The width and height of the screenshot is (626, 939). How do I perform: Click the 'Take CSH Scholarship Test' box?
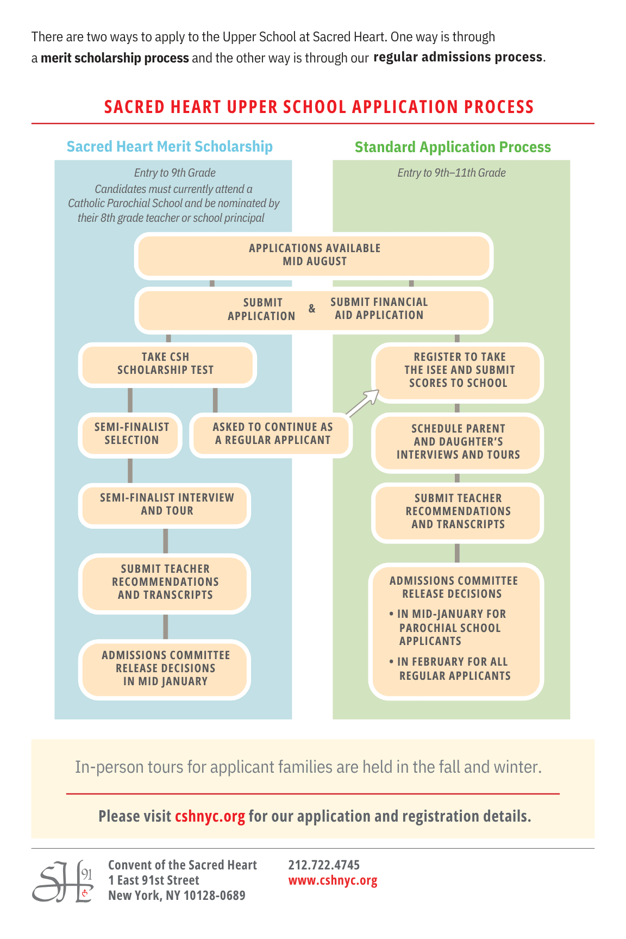point(166,364)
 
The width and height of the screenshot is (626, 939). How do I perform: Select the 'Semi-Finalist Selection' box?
point(131,434)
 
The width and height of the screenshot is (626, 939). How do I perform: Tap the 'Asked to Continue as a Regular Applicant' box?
point(272,434)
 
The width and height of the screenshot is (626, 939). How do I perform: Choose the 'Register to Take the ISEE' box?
point(458,371)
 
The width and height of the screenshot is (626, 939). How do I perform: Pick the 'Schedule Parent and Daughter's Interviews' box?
point(458,442)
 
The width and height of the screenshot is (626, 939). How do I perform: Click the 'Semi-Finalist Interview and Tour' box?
point(166,504)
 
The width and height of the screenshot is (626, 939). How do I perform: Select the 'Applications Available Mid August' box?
point(314,255)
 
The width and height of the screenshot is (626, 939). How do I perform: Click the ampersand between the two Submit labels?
point(312,309)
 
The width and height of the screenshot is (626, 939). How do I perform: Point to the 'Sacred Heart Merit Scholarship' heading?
point(170,147)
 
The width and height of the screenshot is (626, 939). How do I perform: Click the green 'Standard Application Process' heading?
point(453,147)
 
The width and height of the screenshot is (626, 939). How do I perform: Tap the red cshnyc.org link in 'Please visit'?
point(210,817)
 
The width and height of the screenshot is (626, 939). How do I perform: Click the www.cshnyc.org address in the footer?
point(333,880)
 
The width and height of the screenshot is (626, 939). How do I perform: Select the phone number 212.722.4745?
point(324,865)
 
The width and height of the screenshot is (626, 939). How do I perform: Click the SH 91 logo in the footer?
point(62,881)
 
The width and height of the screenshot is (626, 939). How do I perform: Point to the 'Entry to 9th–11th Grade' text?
point(452,173)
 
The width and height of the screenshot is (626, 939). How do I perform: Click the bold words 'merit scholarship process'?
point(115,58)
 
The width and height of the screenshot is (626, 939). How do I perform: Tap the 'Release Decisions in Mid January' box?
point(166,668)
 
